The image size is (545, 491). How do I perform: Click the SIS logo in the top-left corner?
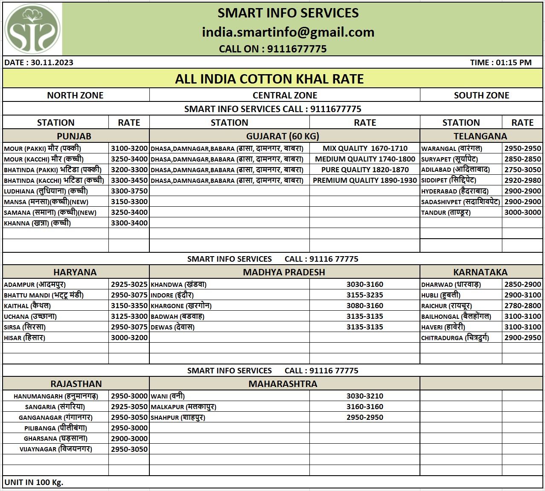pos(32,29)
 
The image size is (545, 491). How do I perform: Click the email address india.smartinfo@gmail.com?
pos(288,32)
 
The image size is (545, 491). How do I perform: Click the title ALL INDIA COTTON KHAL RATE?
pos(269,79)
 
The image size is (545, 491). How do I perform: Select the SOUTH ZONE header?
pos(481,95)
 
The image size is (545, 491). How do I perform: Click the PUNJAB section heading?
pos(74,136)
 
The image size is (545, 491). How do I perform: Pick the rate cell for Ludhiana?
pos(129,191)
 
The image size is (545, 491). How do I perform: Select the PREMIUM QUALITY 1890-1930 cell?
pos(364,180)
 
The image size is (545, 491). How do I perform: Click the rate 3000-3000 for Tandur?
pos(522,212)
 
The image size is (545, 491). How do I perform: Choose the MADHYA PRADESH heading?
pos(284,272)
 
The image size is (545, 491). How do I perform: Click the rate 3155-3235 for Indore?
pos(364,295)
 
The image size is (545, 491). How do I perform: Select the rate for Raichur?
pos(522,306)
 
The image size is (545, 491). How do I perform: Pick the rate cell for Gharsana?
pos(129,439)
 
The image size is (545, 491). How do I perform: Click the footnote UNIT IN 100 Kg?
pos(34,482)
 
